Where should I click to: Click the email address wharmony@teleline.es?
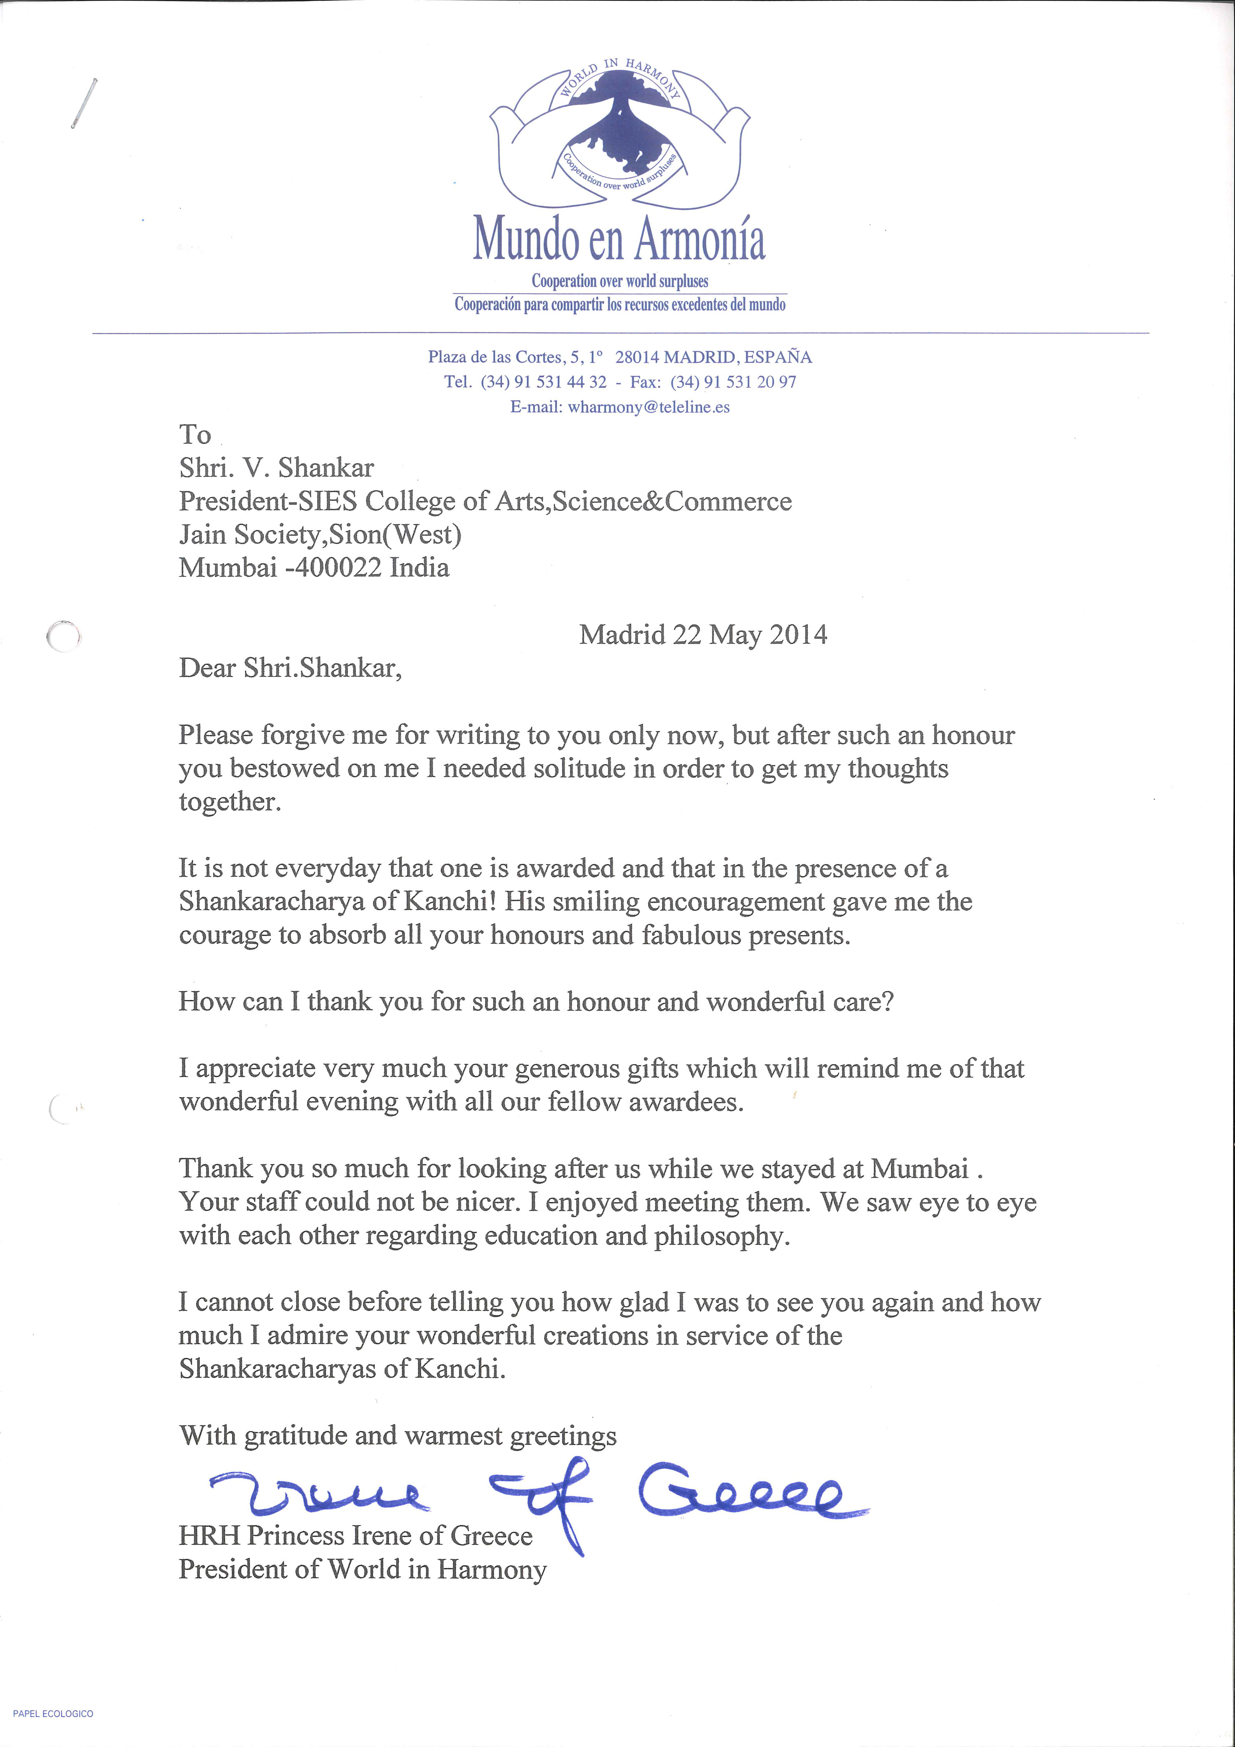click(648, 407)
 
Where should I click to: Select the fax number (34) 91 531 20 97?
click(733, 382)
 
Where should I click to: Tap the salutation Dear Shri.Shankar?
click(290, 668)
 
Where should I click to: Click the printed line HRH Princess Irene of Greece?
click(355, 1536)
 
